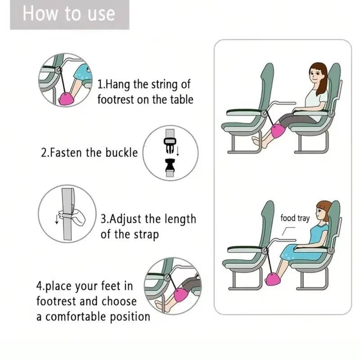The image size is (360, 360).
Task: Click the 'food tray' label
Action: pos(295,219)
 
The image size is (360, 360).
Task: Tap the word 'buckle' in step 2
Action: pos(121,153)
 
